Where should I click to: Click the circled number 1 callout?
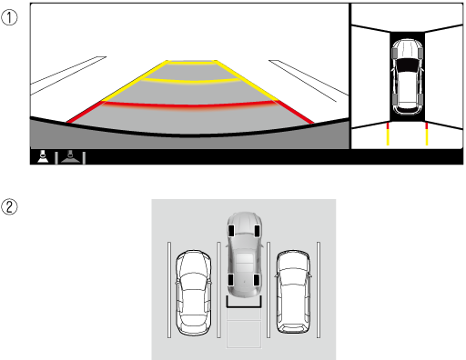pyautogui.click(x=9, y=17)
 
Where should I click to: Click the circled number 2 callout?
pyautogui.click(x=9, y=207)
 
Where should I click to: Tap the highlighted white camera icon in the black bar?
pyautogui.click(x=43, y=156)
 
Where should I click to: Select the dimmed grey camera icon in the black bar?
pyautogui.click(x=70, y=156)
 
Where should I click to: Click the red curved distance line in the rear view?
pyautogui.click(x=189, y=105)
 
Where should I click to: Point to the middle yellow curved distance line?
pyautogui.click(x=191, y=81)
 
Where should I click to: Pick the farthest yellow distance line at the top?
pyautogui.click(x=191, y=64)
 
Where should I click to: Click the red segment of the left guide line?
pyautogui.click(x=85, y=112)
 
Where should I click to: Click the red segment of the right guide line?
pyautogui.click(x=294, y=112)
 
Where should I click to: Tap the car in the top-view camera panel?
pyautogui.click(x=407, y=76)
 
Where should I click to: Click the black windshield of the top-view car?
pyautogui.click(x=407, y=65)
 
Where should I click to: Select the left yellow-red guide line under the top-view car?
pyautogui.click(x=388, y=134)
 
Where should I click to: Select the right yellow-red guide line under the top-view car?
pyautogui.click(x=427, y=134)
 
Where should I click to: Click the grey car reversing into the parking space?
pyautogui.click(x=244, y=255)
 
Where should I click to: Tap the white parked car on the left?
pyautogui.click(x=193, y=293)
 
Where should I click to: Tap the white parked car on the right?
pyautogui.click(x=293, y=292)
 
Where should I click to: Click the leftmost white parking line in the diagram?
pyautogui.click(x=169, y=290)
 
